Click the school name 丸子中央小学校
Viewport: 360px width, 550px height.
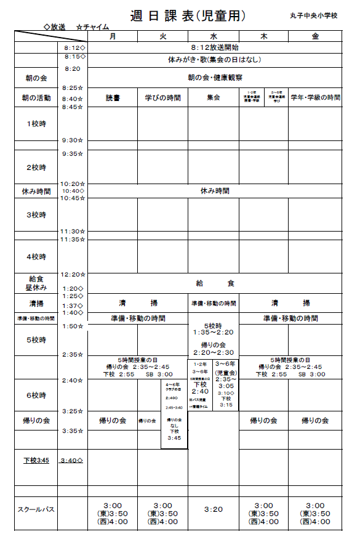pyautogui.click(x=314, y=15)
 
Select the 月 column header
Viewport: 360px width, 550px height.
pyautogui.click(x=112, y=36)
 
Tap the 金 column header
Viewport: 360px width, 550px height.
pyautogui.click(x=315, y=36)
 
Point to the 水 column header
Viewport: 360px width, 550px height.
pyautogui.click(x=214, y=36)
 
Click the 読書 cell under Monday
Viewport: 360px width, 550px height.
pyautogui.click(x=113, y=98)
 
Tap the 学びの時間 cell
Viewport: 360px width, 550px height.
pyautogui.click(x=162, y=98)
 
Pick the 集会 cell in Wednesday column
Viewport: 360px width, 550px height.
pyautogui.click(x=214, y=98)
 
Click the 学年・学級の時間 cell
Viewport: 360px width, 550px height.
pyautogui.click(x=315, y=98)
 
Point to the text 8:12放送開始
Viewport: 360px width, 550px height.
pyautogui.click(x=215, y=47)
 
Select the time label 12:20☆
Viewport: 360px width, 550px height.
pyautogui.click(x=74, y=274)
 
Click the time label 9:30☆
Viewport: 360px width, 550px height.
pyautogui.click(x=73, y=140)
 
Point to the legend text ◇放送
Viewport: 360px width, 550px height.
pyautogui.click(x=55, y=27)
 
